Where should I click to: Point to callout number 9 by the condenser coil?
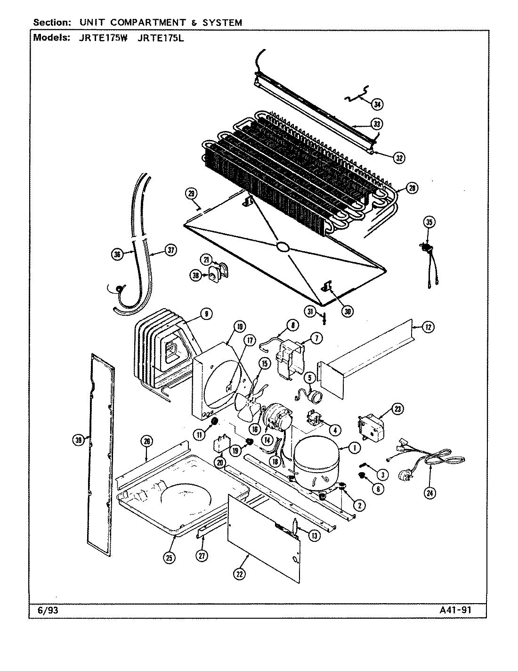[x=206, y=313]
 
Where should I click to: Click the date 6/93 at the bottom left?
[x=47, y=610]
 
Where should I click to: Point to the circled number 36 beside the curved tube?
[x=117, y=254]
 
